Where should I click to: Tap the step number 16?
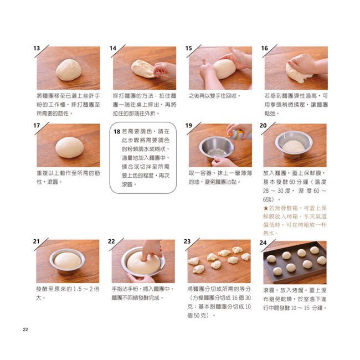pyautogui.click(x=264, y=48)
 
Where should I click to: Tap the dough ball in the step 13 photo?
pyautogui.click(x=69, y=70)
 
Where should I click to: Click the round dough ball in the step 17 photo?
pyautogui.click(x=70, y=147)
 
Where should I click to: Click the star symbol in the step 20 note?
pyautogui.click(x=266, y=208)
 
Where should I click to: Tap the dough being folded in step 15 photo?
pyautogui.click(x=223, y=69)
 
